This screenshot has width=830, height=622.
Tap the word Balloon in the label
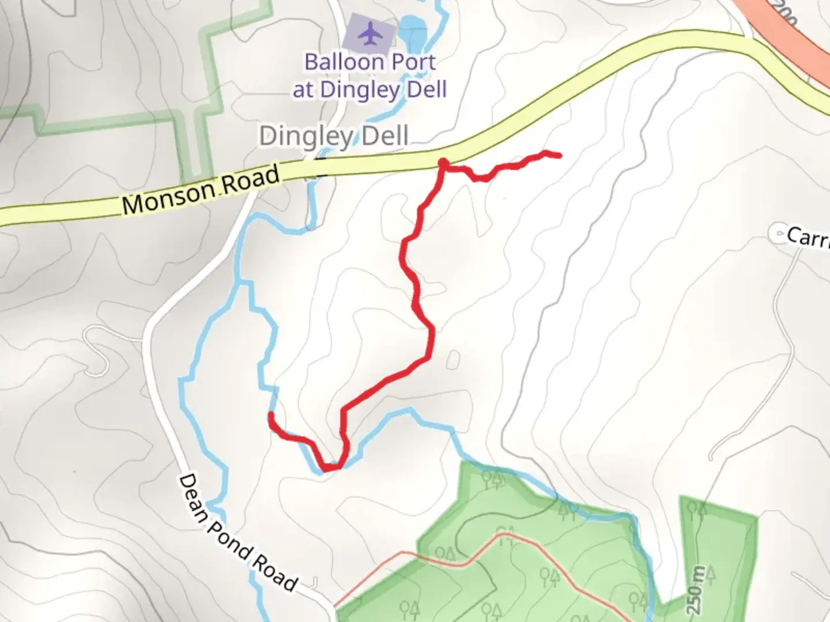(x=341, y=62)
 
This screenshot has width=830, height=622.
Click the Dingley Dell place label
(x=334, y=136)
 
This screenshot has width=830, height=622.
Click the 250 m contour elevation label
(x=697, y=590)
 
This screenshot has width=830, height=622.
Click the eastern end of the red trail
(x=559, y=155)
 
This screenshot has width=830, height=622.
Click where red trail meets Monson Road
(x=443, y=164)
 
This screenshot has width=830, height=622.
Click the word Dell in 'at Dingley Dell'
(x=425, y=90)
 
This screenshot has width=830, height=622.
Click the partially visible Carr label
(x=808, y=236)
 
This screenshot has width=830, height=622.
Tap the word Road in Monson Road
(x=250, y=181)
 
